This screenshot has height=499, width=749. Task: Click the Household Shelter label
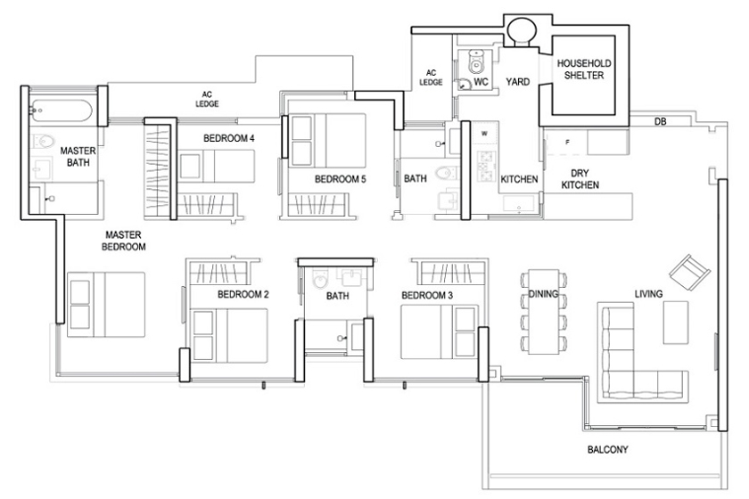[584, 70]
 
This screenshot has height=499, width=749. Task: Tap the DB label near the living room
[660, 122]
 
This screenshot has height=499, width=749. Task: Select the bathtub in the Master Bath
[61, 110]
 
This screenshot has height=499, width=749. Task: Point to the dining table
[544, 312]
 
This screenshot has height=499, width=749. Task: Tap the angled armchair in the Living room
[689, 271]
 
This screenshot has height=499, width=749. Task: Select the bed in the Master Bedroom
[105, 305]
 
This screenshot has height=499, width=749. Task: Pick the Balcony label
[607, 449]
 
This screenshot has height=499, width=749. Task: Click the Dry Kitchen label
[580, 179]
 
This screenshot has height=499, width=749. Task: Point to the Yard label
[518, 82]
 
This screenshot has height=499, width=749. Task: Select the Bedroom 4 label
[229, 138]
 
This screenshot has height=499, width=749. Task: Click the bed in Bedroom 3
[439, 331]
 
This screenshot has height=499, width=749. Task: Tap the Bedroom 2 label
[243, 295]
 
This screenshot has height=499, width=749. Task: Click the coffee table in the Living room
[676, 323]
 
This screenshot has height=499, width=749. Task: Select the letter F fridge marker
[567, 143]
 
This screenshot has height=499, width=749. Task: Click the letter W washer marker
[484, 134]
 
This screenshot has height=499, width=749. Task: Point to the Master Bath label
[78, 157]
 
